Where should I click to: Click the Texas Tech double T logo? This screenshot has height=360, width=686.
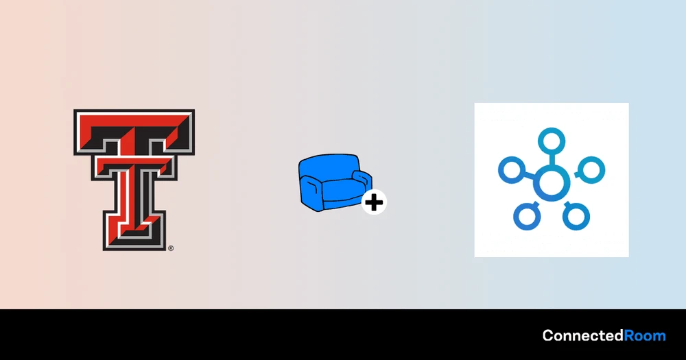click(x=134, y=180)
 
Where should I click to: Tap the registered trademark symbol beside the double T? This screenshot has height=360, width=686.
click(x=171, y=248)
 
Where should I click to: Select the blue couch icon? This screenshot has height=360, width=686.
click(x=335, y=182)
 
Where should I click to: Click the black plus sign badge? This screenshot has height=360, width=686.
click(x=374, y=202)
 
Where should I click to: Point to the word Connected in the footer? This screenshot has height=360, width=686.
click(x=582, y=335)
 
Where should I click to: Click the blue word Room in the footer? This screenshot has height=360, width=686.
click(x=645, y=336)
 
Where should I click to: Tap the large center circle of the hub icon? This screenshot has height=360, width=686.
click(x=552, y=183)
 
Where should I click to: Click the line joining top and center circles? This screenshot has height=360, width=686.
click(x=552, y=160)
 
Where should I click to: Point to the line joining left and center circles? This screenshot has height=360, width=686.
click(x=530, y=176)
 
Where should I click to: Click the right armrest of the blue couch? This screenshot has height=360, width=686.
click(x=362, y=180)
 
